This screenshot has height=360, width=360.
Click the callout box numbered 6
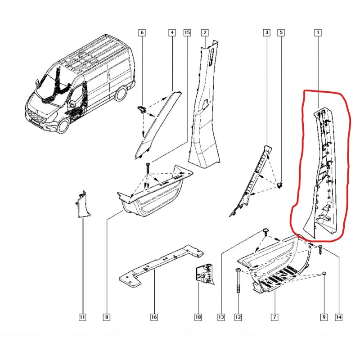(142, 32)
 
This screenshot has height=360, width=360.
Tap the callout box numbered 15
(187, 32)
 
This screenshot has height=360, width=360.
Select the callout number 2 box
(205, 32)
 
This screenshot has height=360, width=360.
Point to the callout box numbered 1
(318, 32)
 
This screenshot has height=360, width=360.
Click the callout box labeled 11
(82, 317)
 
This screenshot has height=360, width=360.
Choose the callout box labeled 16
(154, 317)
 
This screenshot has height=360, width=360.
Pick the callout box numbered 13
(221, 317)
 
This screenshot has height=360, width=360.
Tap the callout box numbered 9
(324, 317)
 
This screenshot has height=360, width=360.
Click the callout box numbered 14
(339, 317)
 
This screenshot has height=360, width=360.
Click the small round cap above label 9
(324, 273)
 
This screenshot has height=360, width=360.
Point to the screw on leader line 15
(148, 168)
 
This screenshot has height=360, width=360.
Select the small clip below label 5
(280, 185)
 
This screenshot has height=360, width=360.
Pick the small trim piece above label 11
(82, 204)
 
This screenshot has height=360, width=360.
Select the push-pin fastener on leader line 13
(266, 232)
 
